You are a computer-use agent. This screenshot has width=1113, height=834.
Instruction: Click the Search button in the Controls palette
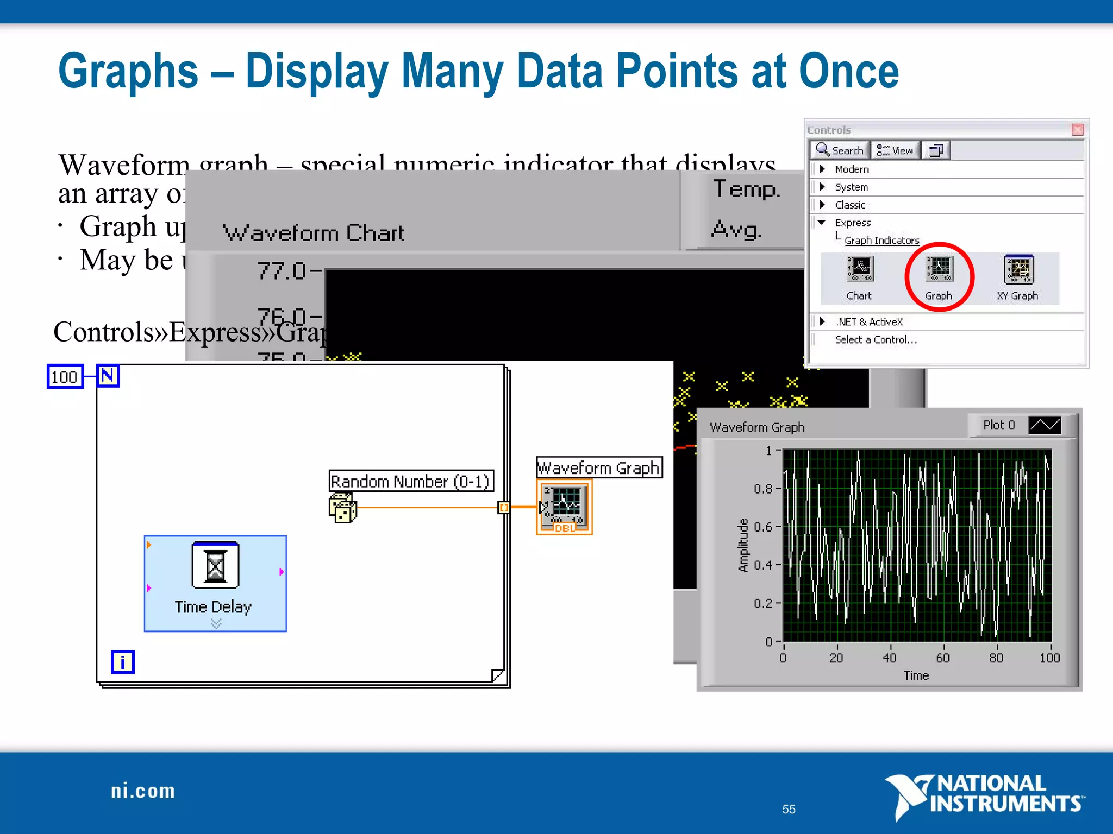[x=840, y=150]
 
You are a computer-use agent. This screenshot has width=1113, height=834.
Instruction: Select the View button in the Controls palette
[x=895, y=150]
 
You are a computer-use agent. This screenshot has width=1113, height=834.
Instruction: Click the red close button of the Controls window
[x=1078, y=130]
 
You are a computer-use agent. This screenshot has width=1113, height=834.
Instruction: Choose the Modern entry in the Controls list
[x=852, y=169]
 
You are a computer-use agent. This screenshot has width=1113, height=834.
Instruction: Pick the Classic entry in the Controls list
[x=850, y=205]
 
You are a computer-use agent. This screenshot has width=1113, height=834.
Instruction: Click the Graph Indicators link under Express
[x=881, y=241]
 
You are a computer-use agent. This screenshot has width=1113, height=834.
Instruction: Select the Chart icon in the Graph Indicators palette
[x=860, y=269]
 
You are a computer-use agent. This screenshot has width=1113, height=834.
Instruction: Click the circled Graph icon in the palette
[x=939, y=270]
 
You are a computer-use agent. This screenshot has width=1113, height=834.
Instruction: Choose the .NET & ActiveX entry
[x=869, y=322]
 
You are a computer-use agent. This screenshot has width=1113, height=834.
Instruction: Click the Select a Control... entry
[x=876, y=340]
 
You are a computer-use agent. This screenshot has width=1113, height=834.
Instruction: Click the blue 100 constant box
[x=65, y=377]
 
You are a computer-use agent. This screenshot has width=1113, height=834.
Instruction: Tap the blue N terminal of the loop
[x=108, y=376]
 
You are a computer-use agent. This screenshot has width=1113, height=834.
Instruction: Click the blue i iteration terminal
[x=123, y=662]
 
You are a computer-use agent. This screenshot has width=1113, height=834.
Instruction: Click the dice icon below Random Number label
[x=342, y=508]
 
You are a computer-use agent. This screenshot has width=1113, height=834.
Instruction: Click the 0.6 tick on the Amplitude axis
[x=763, y=527]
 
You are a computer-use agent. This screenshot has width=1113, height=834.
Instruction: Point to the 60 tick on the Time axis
[x=943, y=658]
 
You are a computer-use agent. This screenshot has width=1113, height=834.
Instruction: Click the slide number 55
[x=789, y=809]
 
